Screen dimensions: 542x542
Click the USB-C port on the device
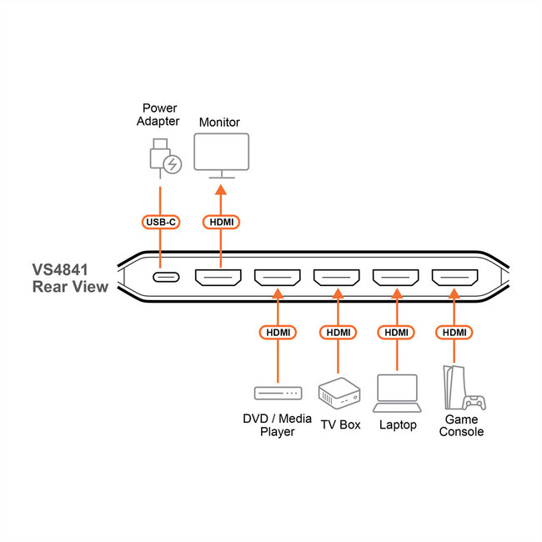point(166,277)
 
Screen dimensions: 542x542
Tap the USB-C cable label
point(161,222)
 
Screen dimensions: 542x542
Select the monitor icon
point(221,156)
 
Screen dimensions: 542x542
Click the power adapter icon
point(166,158)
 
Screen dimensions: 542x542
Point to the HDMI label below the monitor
point(221,222)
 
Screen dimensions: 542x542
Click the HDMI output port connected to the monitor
point(218,278)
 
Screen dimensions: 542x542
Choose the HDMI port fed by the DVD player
point(277,278)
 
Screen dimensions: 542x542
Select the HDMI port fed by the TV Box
point(336,278)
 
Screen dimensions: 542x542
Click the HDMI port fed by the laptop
point(395,278)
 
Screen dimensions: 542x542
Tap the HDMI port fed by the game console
point(454,278)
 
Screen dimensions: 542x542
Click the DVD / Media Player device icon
point(278,394)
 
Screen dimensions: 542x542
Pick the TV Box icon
point(339,394)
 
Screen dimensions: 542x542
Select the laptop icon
point(397,394)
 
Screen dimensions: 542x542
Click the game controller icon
point(474,403)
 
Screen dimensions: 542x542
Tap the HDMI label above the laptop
point(396,333)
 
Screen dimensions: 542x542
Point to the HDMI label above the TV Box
point(338,333)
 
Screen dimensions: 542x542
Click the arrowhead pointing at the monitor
point(221,190)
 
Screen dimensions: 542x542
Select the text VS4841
point(60,270)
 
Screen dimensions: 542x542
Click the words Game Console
point(461,425)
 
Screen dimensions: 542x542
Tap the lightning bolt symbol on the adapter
point(172,164)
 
